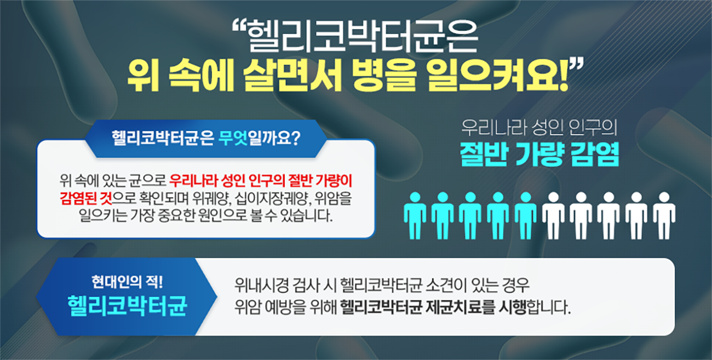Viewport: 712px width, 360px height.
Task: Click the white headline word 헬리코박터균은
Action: [363, 37]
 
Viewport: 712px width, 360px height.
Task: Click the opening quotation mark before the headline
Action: [239, 26]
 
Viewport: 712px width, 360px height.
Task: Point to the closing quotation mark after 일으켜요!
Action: [576, 65]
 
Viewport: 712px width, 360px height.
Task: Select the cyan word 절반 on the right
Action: [483, 154]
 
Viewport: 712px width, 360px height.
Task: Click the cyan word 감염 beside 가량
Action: [595, 154]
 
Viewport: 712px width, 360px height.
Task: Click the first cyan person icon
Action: [415, 216]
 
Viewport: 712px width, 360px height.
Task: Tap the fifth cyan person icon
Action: [525, 216]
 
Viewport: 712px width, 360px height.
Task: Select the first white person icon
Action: [553, 216]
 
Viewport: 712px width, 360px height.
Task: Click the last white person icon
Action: [664, 216]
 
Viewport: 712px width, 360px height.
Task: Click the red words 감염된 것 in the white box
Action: [85, 198]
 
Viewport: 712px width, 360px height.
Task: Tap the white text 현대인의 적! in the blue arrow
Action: [127, 282]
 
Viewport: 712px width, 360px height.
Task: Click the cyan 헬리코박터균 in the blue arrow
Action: [127, 306]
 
